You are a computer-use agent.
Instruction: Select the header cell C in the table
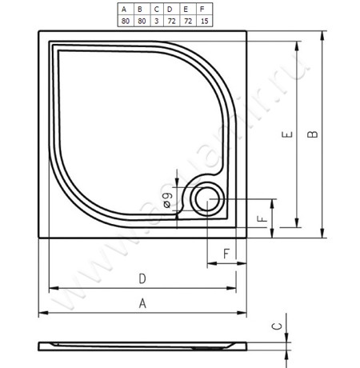[x=156, y=10]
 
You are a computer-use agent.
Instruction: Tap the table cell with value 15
[x=205, y=21]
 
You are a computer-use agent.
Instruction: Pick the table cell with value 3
[x=156, y=21]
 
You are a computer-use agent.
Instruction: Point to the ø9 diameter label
[x=167, y=200]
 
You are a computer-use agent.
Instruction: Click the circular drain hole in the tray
[x=208, y=199]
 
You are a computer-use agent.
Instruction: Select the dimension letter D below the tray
[x=142, y=279]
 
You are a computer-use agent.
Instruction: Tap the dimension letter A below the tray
[x=142, y=303]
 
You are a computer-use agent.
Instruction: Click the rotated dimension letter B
[x=312, y=134]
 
